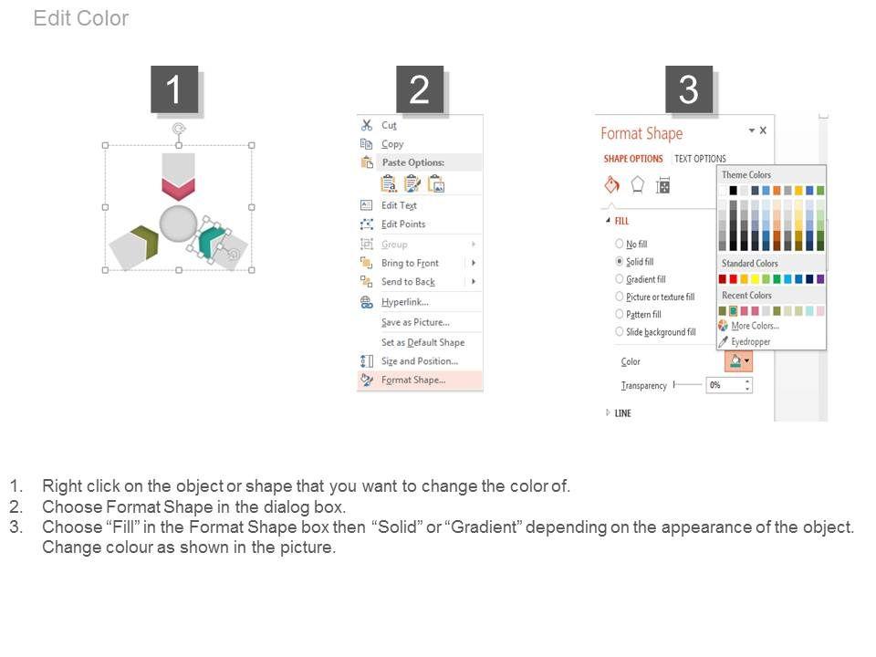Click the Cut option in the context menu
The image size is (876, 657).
pyautogui.click(x=389, y=125)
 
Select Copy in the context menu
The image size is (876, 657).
pyautogui.click(x=391, y=144)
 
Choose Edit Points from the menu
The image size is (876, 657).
pyautogui.click(x=402, y=224)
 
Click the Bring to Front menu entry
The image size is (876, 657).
pyautogui.click(x=410, y=263)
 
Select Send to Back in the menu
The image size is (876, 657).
pyautogui.click(x=408, y=282)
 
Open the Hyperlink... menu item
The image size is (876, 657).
pyautogui.click(x=404, y=302)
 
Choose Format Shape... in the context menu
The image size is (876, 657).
pyautogui.click(x=412, y=380)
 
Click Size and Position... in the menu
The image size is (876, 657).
pyautogui.click(x=419, y=361)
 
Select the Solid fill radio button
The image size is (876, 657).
pyautogui.click(x=619, y=261)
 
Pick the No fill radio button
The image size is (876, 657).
pyautogui.click(x=619, y=244)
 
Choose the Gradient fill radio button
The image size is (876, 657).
pyautogui.click(x=619, y=279)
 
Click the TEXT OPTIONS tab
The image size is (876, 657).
pyautogui.click(x=700, y=159)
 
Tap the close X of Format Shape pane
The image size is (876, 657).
pyautogui.click(x=763, y=130)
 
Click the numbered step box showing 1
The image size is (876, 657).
pyautogui.click(x=174, y=89)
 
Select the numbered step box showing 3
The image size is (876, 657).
pyautogui.click(x=689, y=89)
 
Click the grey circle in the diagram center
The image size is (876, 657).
pyautogui.click(x=178, y=224)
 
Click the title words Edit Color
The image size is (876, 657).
pyautogui.click(x=81, y=18)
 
